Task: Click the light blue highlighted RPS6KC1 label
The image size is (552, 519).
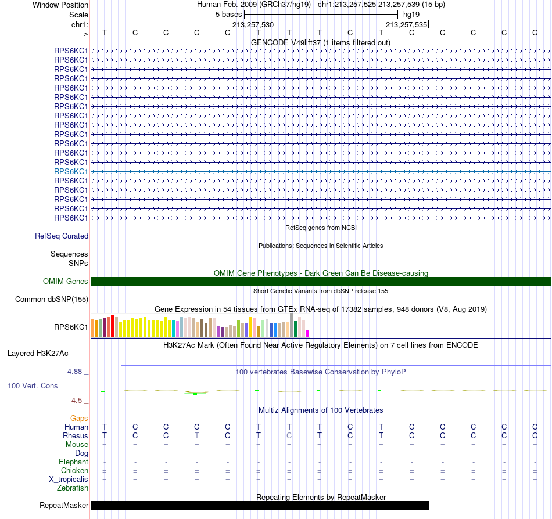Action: coord(71,171)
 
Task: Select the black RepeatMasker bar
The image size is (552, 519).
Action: coord(260,505)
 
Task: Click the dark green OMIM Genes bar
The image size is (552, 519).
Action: coord(321,282)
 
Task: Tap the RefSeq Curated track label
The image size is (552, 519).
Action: coord(62,236)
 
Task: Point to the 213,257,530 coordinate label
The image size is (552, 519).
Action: coord(253,24)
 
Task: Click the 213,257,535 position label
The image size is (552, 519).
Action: coord(406,24)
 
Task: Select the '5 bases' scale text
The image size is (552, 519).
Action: coord(229,15)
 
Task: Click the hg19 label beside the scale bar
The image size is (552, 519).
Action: coord(411,15)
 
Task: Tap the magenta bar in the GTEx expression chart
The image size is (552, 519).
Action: coord(308,334)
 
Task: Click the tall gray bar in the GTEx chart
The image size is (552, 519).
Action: coord(291,326)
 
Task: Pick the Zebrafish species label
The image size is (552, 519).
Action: coord(73,488)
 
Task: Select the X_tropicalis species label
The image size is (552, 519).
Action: coord(69,480)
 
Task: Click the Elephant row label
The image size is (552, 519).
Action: coord(73,462)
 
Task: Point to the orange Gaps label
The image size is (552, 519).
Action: coord(79,418)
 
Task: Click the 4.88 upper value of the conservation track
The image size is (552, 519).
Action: coord(74,372)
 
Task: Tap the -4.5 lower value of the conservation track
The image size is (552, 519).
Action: coord(76,400)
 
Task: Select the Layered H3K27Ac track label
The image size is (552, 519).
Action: coord(38,354)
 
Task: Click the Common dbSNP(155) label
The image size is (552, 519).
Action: coord(52,299)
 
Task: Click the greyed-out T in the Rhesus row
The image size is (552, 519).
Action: coord(197,435)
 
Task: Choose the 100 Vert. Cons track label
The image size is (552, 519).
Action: coord(33,385)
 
